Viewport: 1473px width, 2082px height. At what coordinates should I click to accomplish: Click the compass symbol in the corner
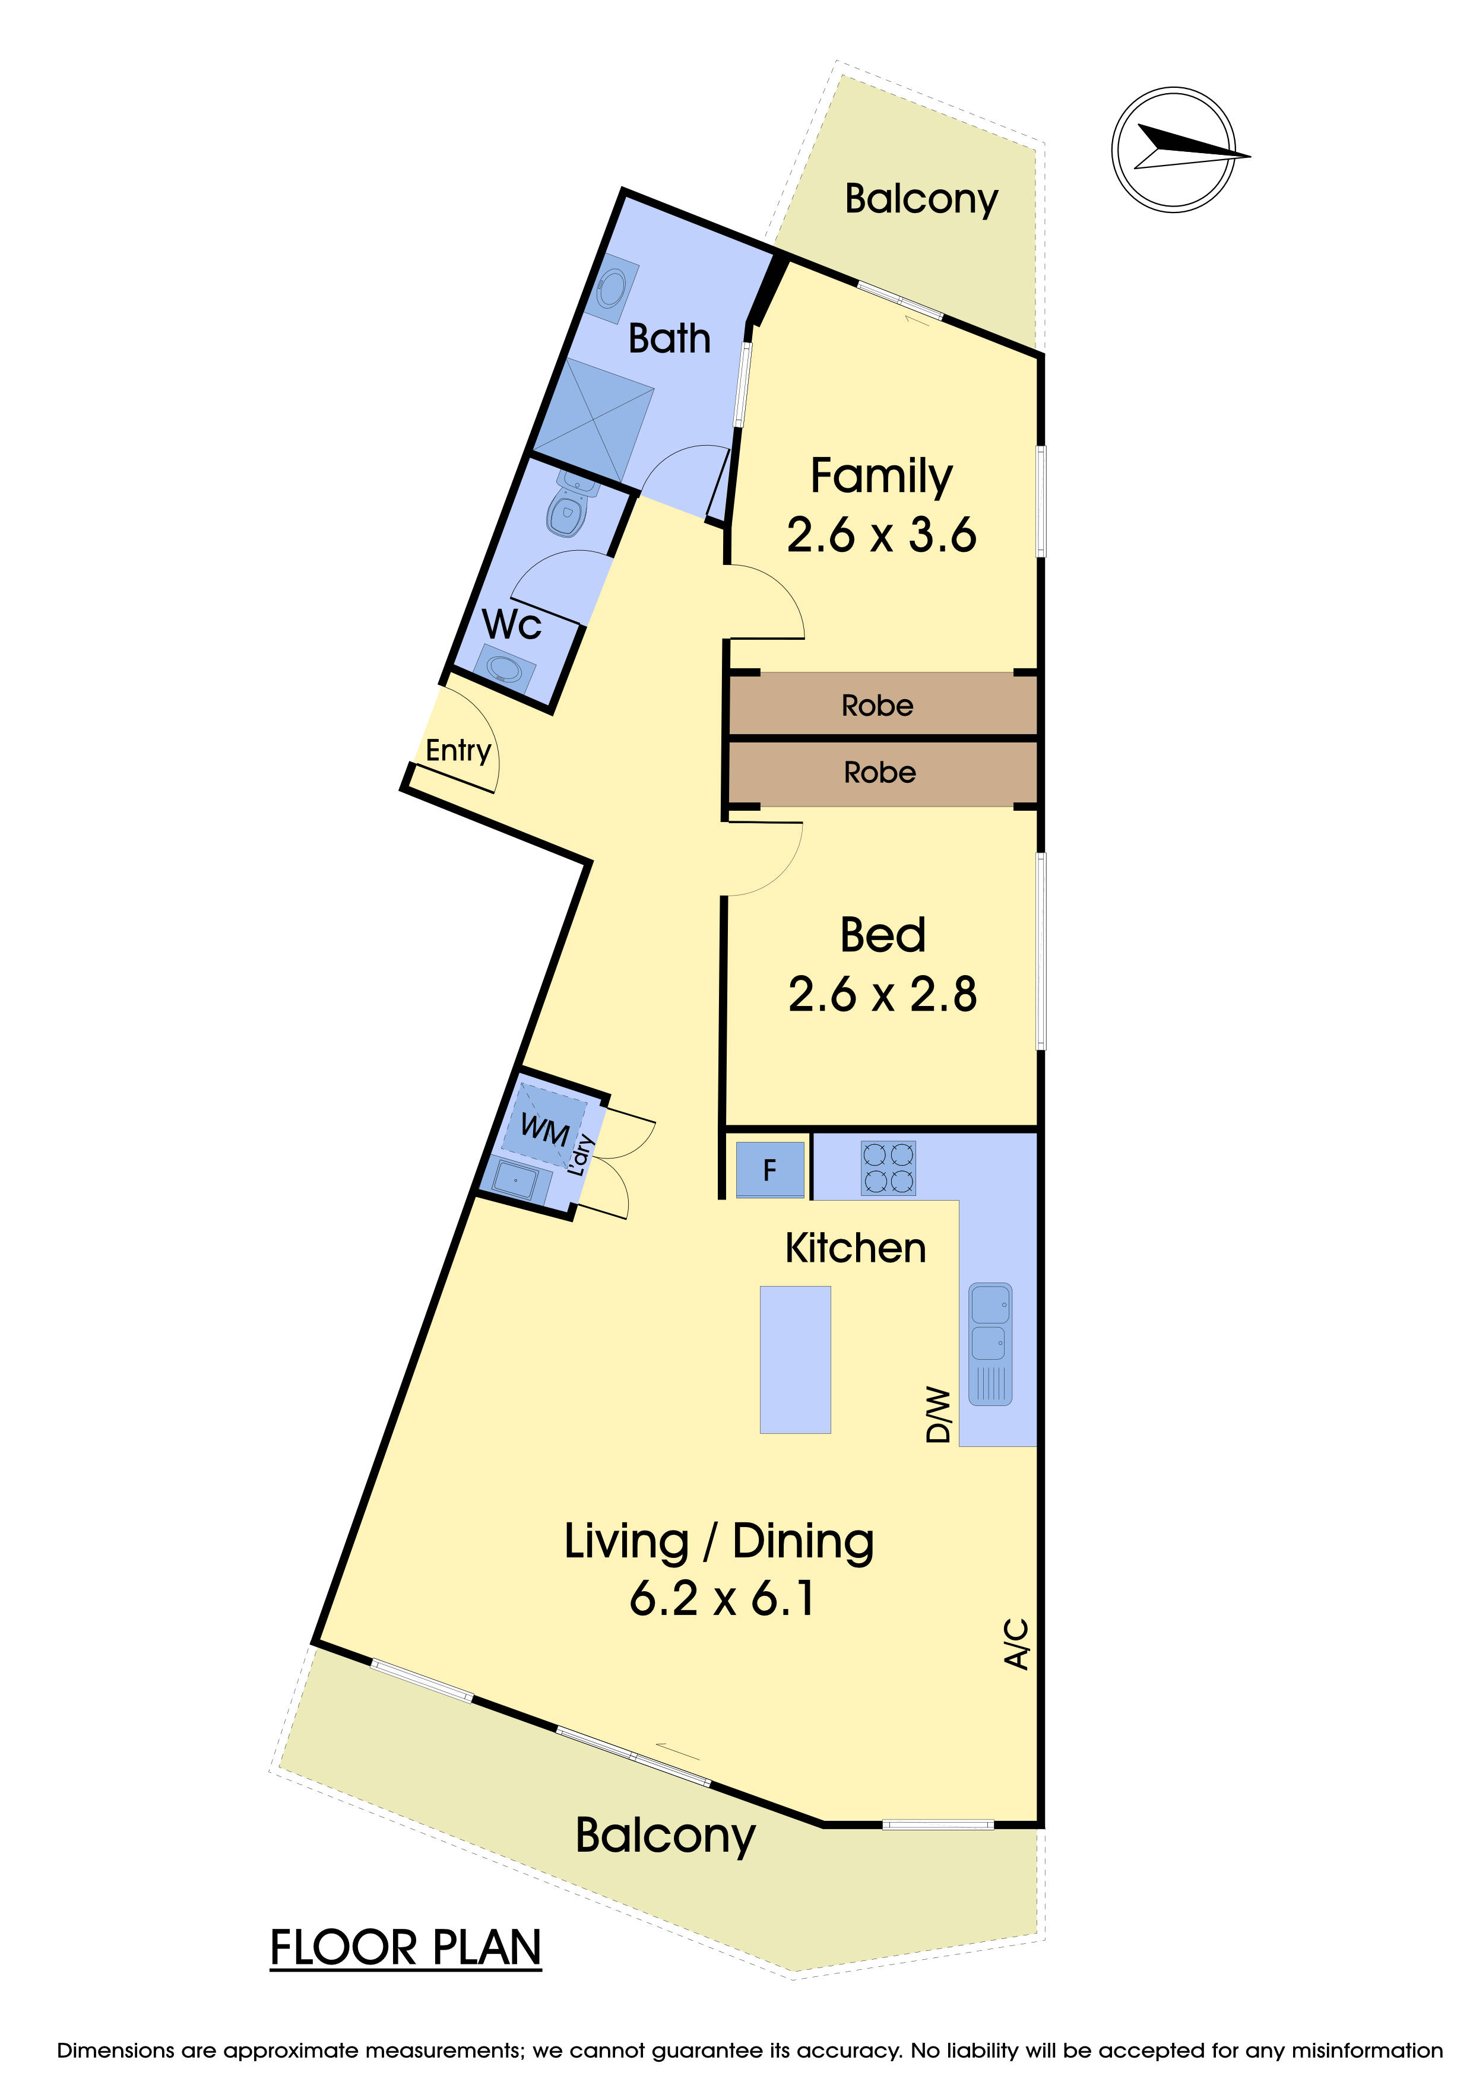click(1174, 150)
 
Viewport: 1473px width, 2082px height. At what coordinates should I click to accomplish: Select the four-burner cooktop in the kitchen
click(888, 1168)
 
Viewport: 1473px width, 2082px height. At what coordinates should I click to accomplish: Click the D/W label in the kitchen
click(938, 1414)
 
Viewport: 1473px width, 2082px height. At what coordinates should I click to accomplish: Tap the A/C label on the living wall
click(1017, 1643)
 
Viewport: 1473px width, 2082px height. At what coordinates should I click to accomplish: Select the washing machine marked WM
click(544, 1130)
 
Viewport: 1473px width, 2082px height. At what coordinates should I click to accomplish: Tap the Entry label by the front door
click(458, 750)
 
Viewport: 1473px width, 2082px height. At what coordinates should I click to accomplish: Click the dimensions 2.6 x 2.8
click(882, 994)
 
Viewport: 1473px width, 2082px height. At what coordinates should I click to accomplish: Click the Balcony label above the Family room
click(921, 199)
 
